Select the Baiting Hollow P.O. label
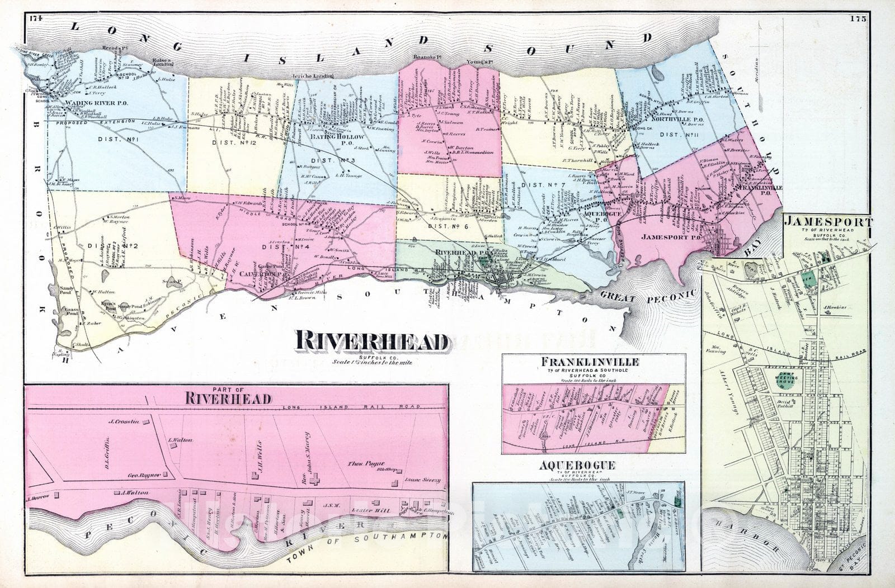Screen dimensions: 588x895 (x=337, y=140)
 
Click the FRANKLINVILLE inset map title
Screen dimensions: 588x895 (x=593, y=362)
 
